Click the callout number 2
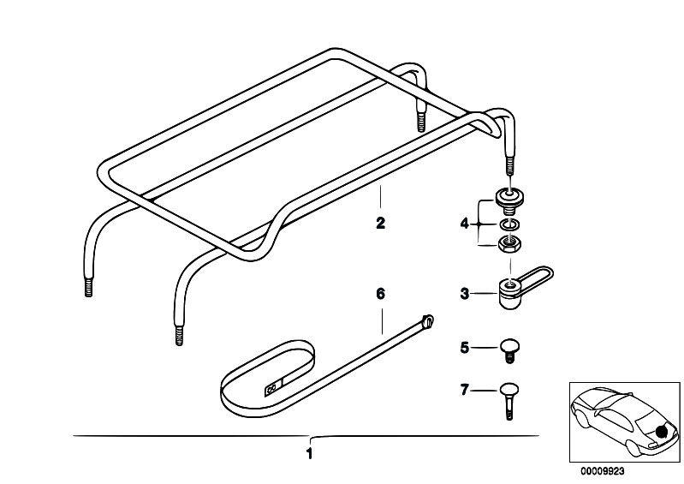click(380, 223)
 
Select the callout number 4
click(464, 224)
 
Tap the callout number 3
click(465, 294)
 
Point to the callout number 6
click(381, 294)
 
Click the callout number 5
click(465, 348)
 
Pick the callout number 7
click(465, 389)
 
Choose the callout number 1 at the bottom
click(309, 454)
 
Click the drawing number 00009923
click(602, 471)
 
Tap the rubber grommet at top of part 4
click(509, 199)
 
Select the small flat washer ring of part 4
click(509, 224)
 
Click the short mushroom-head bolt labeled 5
click(509, 350)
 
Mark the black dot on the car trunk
click(662, 432)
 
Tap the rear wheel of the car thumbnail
click(631, 448)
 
